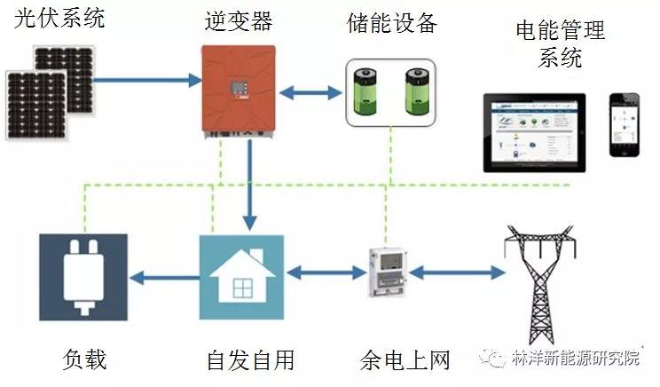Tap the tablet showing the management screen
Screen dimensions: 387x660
tap(536, 131)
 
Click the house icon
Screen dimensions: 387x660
tap(241, 277)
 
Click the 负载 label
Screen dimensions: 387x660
tap(85, 359)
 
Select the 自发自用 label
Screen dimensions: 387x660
tap(249, 360)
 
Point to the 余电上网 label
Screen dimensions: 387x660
tap(405, 360)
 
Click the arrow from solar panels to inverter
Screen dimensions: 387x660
tap(148, 80)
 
